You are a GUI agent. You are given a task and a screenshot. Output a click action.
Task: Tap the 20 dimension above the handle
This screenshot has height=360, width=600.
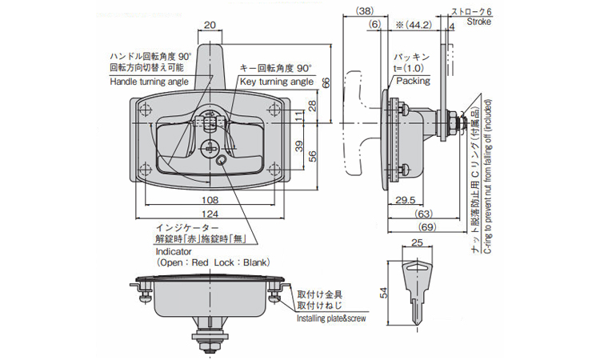209,26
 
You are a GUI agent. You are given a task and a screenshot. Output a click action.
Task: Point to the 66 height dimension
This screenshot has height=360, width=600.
326,83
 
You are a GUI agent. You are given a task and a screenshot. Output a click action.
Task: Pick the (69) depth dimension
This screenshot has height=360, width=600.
426,229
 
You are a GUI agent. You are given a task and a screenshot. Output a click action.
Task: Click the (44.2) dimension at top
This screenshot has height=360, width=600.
414,25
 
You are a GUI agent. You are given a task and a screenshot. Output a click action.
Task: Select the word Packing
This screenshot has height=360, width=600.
412,80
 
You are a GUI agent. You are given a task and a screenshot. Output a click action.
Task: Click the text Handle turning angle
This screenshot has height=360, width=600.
150,82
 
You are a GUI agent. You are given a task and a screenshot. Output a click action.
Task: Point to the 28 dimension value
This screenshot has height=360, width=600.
311,106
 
